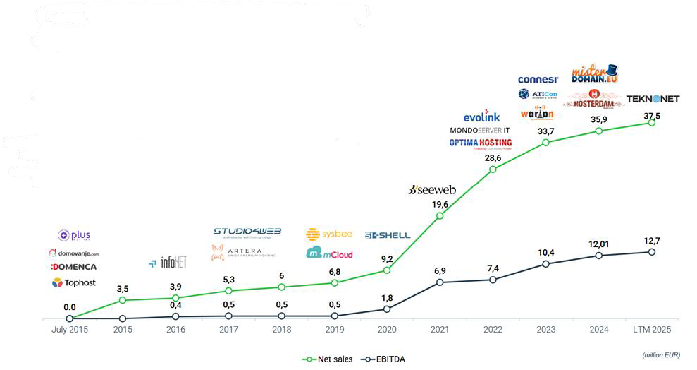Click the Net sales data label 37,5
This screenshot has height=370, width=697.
652,109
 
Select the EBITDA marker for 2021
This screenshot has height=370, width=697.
440,282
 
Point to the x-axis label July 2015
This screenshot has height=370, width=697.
70,330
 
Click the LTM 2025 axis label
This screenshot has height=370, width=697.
652,330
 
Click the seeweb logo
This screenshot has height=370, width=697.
433,190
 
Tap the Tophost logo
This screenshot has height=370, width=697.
75,282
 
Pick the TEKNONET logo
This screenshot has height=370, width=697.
653,99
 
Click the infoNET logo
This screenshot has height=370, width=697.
167,263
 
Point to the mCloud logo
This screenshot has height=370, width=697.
329,253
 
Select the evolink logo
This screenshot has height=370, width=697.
482,117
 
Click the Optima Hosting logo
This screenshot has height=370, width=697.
480,143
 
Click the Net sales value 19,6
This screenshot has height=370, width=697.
440,205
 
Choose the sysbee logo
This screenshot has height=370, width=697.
329,234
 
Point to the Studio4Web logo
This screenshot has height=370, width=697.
247,232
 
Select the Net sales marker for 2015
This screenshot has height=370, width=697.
123,301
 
